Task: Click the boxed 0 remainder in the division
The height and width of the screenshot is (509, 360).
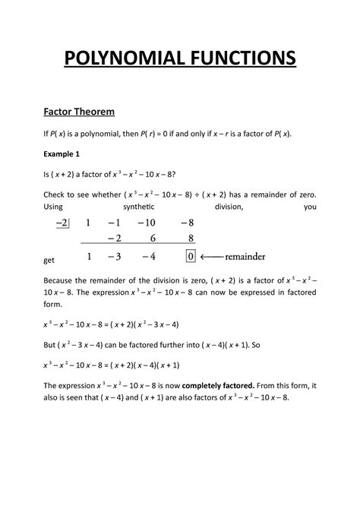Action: coord(191,256)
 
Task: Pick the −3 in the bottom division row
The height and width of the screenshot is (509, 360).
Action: coord(114,256)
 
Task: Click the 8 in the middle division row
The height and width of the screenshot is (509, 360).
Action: coord(190,239)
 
